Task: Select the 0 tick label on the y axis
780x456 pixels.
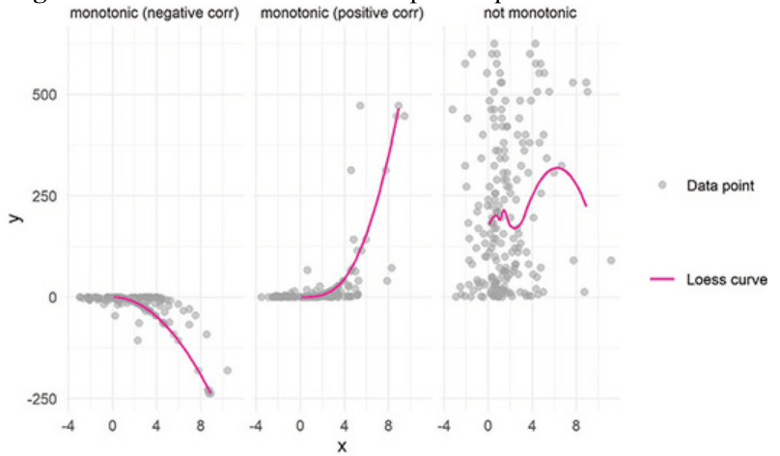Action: coord(47,297)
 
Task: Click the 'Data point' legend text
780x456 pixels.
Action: coord(721,184)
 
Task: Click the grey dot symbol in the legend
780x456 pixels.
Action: coord(661,184)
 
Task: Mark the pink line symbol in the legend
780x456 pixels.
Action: coord(661,280)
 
